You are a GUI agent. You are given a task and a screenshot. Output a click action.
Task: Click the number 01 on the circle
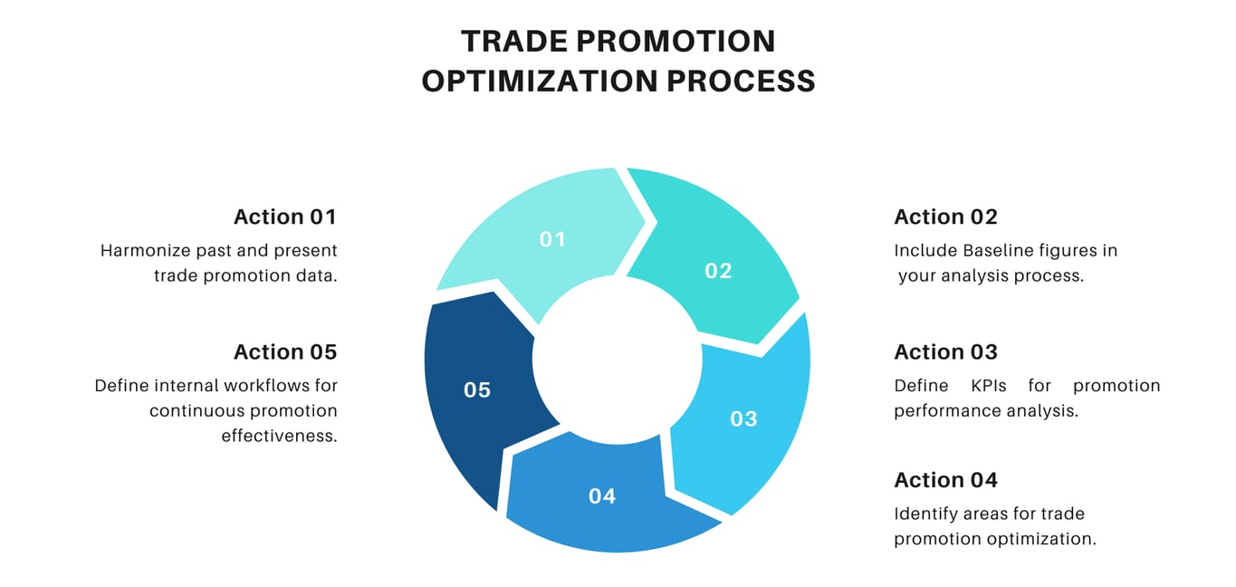click(x=552, y=239)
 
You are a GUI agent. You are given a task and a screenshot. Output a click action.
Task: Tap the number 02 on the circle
click(x=718, y=271)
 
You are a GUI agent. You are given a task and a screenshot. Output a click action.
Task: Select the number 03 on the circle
click(x=743, y=419)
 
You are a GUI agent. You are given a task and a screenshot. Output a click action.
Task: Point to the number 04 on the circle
click(x=602, y=496)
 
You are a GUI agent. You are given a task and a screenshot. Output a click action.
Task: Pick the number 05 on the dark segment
click(x=477, y=390)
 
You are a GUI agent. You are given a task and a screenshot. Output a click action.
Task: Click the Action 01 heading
click(x=285, y=217)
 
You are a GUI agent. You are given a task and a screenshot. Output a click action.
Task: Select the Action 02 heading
click(x=945, y=217)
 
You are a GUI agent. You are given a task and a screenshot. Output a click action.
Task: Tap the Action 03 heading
click(x=945, y=352)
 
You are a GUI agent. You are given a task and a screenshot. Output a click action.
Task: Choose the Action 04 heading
click(x=945, y=480)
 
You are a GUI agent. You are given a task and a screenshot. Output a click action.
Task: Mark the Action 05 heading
click(x=285, y=352)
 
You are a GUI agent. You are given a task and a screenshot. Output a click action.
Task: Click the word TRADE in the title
click(x=512, y=42)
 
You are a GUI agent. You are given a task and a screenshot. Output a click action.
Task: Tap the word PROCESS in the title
click(x=742, y=82)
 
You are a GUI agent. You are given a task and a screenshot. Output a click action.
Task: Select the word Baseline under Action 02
click(x=1000, y=251)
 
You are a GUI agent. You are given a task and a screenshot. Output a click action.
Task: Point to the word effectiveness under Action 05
click(x=279, y=436)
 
